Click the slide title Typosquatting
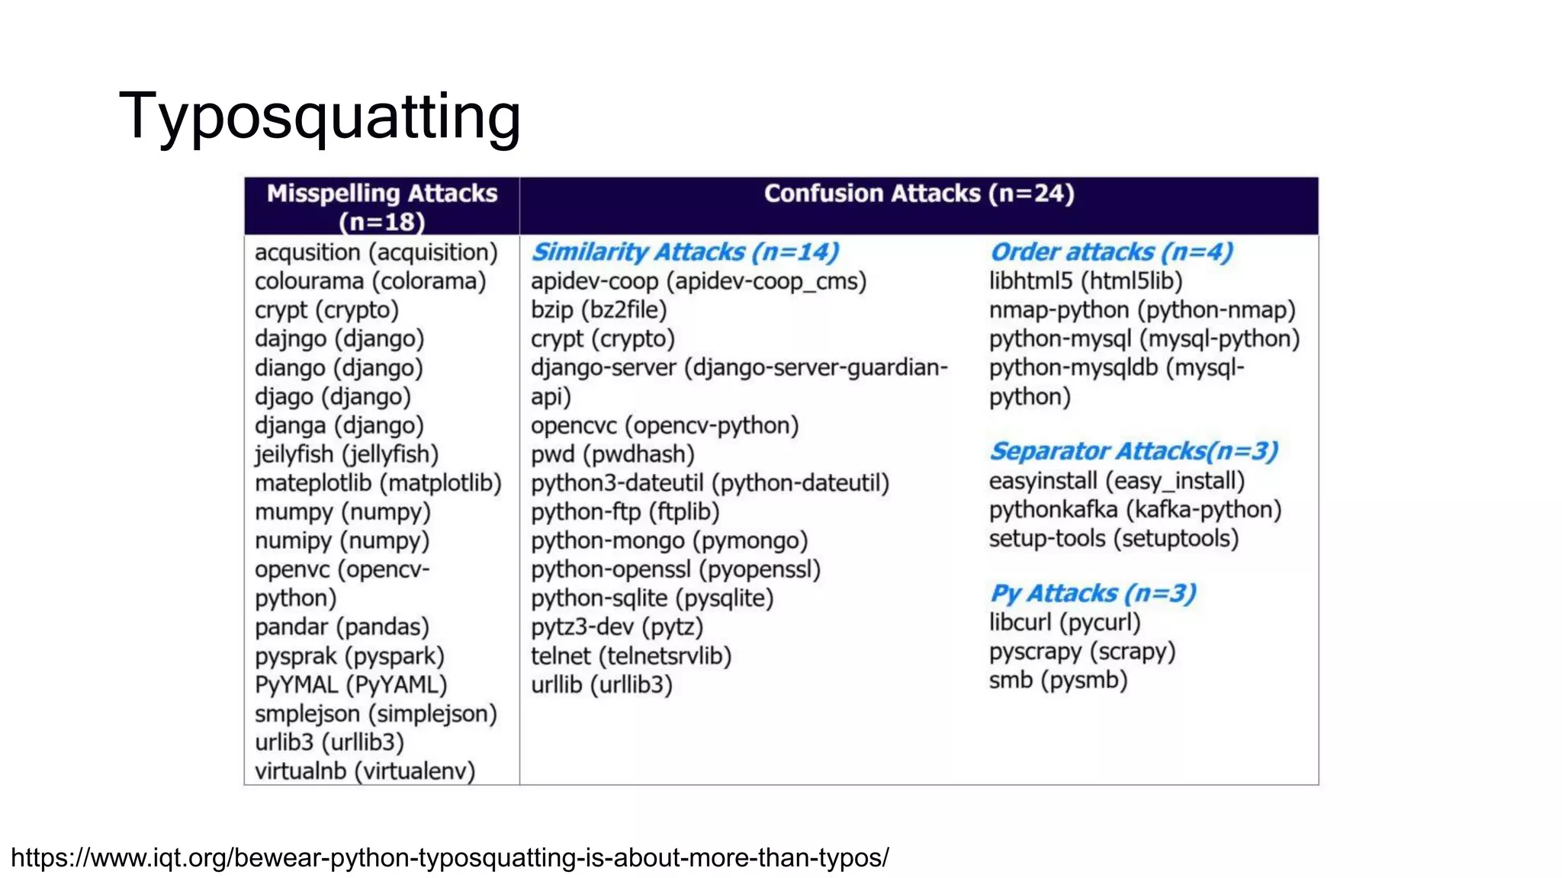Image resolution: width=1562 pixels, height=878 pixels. point(320,116)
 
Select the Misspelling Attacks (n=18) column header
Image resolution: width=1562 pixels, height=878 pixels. point(381,206)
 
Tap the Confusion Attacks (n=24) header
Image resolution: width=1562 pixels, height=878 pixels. point(918,194)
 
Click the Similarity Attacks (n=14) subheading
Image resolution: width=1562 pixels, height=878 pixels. point(685,252)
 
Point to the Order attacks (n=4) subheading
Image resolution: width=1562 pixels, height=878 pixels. point(1110,252)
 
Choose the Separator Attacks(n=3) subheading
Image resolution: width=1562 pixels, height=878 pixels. point(1133,451)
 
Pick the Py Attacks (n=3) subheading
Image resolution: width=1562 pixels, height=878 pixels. point(1092,593)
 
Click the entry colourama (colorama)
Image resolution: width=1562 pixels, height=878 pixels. point(370,281)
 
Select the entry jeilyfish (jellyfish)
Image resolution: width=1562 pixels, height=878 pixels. point(346,454)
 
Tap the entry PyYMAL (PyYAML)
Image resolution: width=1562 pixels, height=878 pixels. point(351,684)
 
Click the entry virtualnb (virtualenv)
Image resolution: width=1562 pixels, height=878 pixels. point(365,771)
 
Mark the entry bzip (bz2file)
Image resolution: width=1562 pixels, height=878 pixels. point(599,310)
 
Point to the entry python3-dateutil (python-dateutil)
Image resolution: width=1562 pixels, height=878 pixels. point(709,483)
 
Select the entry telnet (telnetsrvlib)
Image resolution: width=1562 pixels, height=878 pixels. point(631,656)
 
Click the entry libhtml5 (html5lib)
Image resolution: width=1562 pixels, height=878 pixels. point(1085,281)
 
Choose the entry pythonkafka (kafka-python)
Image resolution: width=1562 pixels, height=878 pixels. point(1135,510)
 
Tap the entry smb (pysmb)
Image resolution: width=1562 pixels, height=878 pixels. point(1058,680)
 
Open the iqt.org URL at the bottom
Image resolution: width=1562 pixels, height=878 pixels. point(449,857)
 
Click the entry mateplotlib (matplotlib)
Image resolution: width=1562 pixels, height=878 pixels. point(378,483)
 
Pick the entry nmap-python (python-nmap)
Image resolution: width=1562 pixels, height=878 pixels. point(1142,310)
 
